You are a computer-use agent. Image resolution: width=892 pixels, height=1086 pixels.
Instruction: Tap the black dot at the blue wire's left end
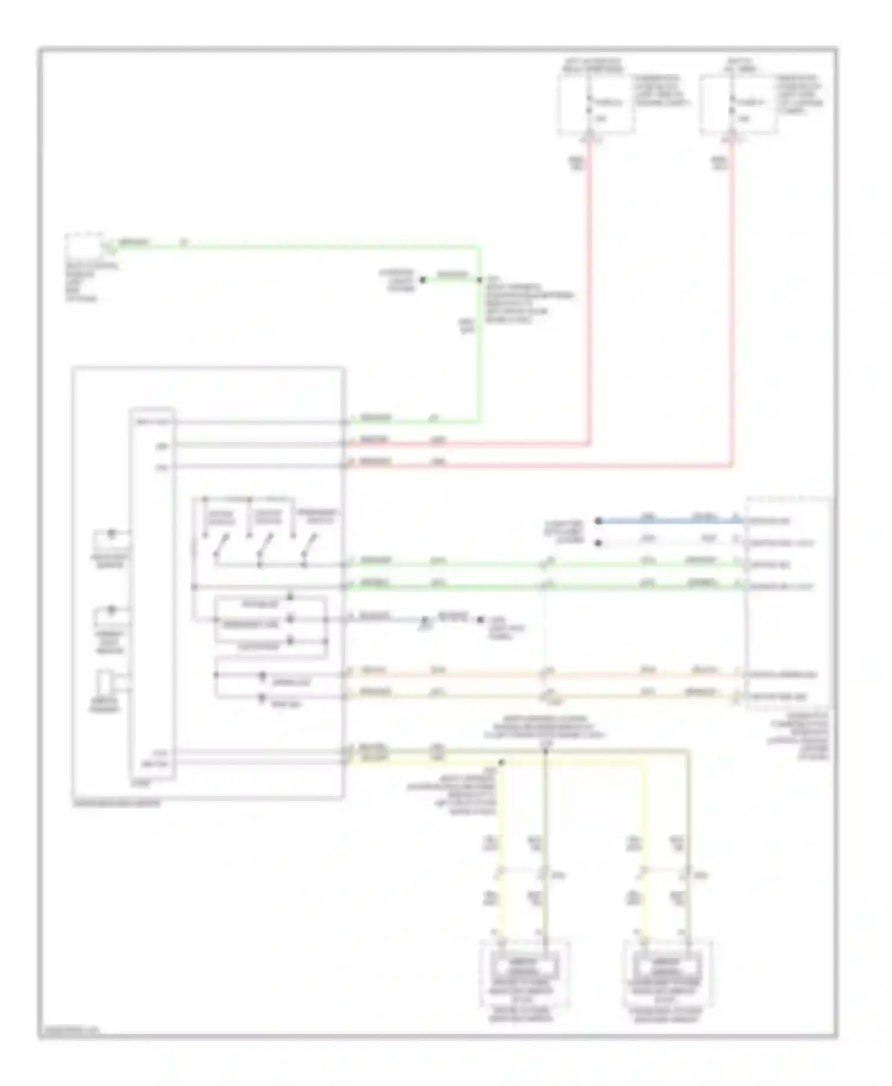click(x=599, y=521)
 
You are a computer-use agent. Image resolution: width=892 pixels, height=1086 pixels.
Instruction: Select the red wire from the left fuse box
click(x=589, y=297)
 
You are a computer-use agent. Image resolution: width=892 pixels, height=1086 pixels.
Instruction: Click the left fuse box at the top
click(x=595, y=104)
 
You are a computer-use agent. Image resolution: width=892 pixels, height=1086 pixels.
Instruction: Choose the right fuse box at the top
click(x=737, y=104)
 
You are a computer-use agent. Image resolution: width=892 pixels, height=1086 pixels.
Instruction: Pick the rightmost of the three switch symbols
click(x=309, y=545)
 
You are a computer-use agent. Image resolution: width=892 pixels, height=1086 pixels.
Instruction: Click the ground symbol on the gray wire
click(x=425, y=623)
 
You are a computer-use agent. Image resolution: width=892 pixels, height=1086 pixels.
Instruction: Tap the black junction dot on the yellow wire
click(x=501, y=762)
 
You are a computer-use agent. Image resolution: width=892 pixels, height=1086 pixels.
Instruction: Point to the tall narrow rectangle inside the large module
click(x=152, y=594)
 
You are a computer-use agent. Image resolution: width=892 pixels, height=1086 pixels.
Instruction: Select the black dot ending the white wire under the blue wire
click(x=599, y=542)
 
